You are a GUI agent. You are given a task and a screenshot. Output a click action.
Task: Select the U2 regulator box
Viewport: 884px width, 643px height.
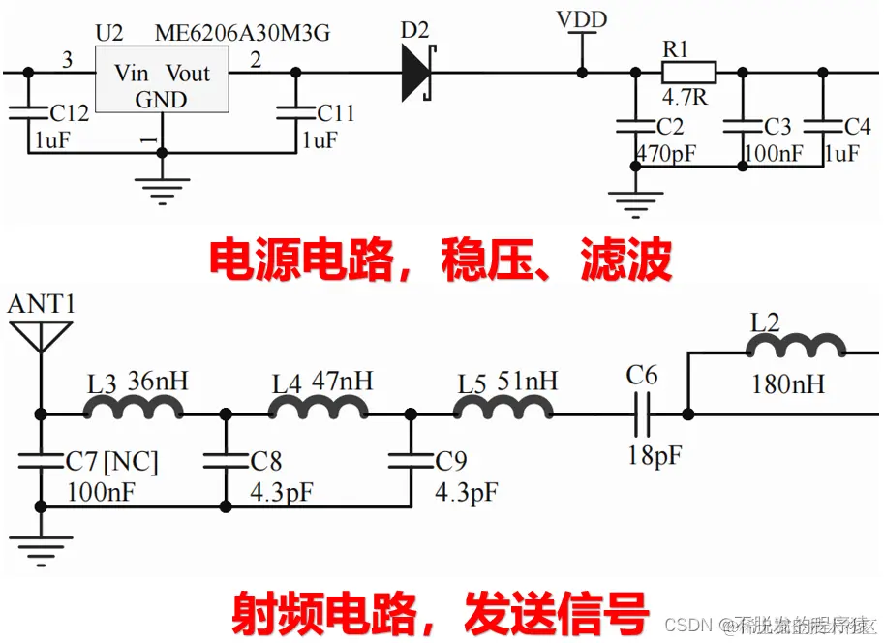tap(161, 85)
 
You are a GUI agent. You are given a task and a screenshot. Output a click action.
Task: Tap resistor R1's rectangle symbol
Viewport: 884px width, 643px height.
tap(688, 72)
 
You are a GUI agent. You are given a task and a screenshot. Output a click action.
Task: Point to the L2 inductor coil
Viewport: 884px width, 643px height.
tap(797, 347)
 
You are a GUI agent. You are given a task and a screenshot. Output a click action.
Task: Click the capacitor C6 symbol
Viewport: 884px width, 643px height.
tap(641, 415)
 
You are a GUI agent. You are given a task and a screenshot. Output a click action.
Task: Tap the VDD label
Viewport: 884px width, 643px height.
tap(582, 19)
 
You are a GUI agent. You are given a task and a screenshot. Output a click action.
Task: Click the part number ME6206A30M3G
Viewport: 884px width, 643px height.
tap(242, 33)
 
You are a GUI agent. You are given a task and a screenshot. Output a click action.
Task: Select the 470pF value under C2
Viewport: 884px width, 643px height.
tap(667, 153)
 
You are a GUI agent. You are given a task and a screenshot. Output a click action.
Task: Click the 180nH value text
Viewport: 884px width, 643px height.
tap(788, 384)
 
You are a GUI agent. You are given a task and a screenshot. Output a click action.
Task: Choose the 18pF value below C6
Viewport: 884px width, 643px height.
tap(654, 454)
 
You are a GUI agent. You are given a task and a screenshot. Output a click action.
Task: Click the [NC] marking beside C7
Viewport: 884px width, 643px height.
tap(129, 461)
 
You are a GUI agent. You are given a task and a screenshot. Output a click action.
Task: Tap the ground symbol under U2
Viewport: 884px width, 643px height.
tap(162, 186)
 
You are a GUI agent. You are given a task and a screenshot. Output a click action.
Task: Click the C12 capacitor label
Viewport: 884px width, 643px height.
tap(69, 113)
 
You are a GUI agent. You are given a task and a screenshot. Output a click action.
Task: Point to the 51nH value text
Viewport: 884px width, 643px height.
tap(528, 381)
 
